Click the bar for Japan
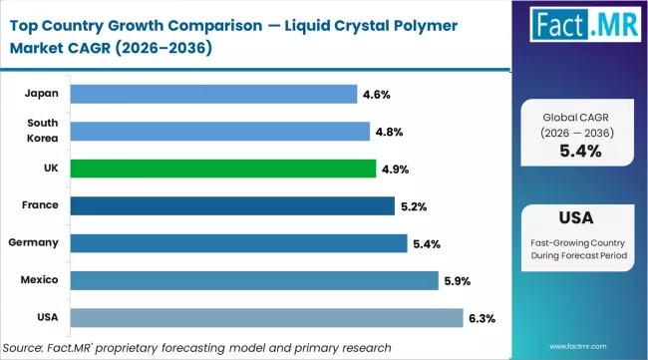click(x=215, y=94)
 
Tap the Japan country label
click(x=42, y=94)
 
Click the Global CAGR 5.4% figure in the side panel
click(x=580, y=151)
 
